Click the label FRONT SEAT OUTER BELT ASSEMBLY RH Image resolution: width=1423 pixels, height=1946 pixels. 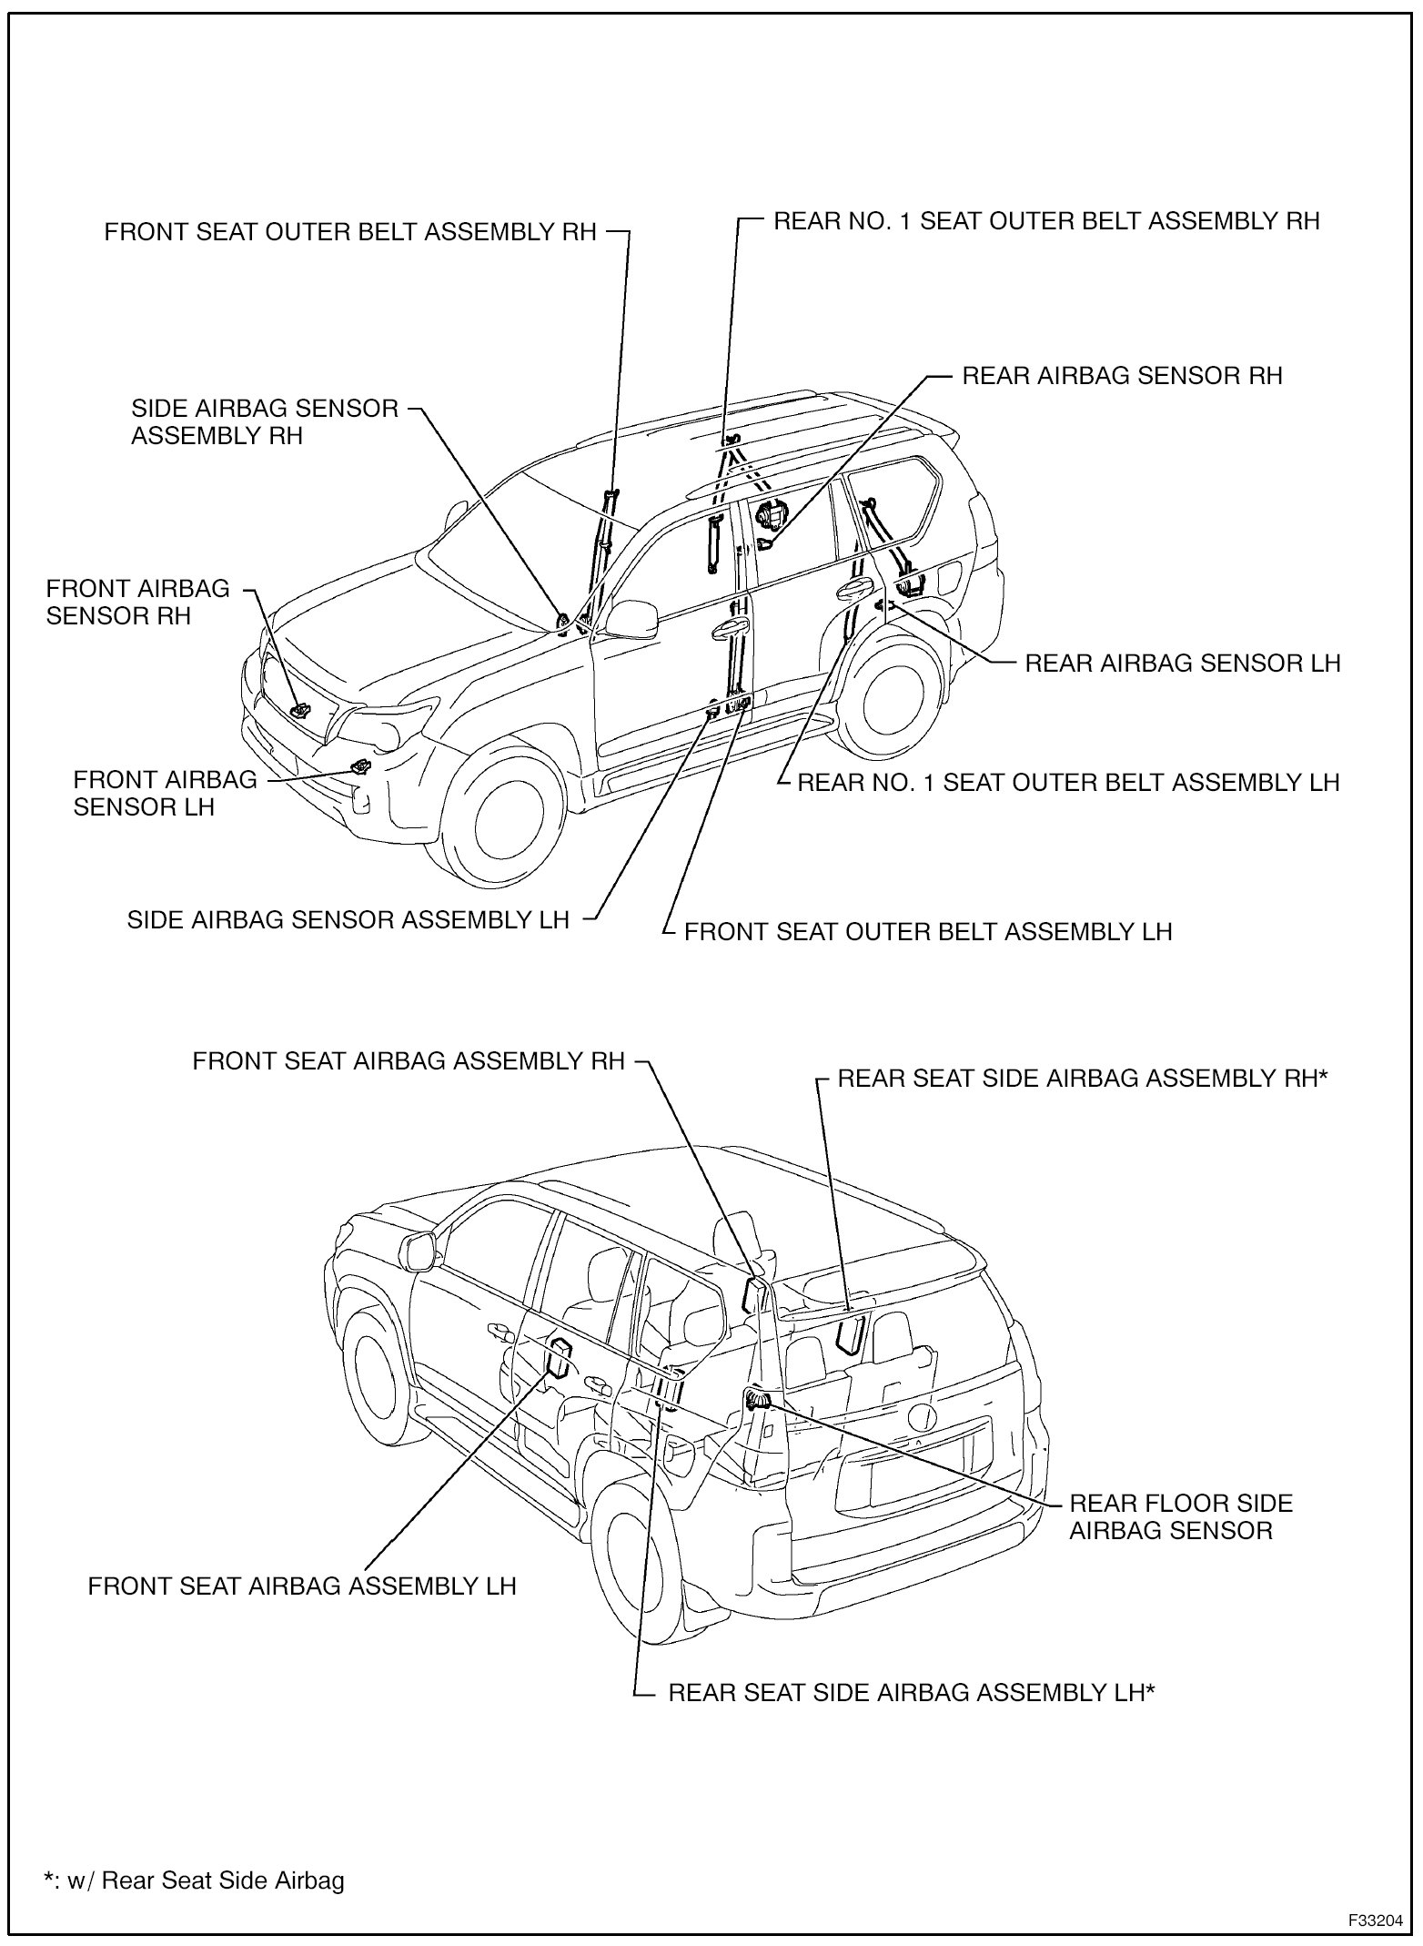[350, 231]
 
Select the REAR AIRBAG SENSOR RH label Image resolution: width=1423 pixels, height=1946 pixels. [1122, 375]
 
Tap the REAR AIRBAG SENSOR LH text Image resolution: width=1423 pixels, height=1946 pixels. [1182, 663]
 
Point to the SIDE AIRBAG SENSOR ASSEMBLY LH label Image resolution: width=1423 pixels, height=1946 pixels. [348, 919]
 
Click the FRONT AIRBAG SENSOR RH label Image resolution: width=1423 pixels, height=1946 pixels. [138, 602]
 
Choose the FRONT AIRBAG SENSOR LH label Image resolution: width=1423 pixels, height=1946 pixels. [165, 793]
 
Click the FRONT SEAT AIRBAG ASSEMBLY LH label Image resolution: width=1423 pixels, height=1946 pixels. [302, 1586]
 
